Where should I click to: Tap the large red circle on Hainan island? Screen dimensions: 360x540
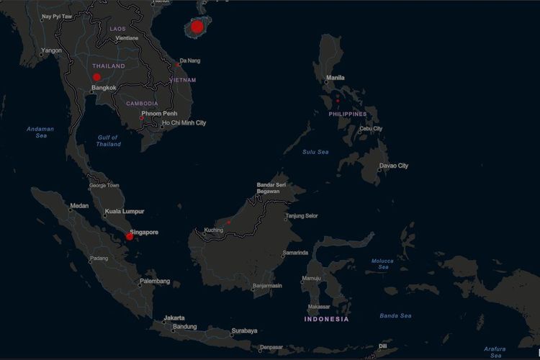coord(197,27)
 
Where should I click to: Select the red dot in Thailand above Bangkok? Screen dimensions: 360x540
coord(96,77)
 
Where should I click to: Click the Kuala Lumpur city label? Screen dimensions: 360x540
coord(124,212)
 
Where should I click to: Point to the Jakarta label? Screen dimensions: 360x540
coord(174,318)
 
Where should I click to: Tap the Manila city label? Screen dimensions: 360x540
coord(336,78)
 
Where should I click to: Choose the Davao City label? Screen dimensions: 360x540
coord(393,166)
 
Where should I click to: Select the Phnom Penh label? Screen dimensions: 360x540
coord(160,114)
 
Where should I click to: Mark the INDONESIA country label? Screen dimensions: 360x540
coord(326,319)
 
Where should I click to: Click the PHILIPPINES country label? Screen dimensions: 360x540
coord(348,114)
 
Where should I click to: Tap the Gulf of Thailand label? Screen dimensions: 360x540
coord(109,140)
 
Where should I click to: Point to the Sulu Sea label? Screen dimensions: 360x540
coord(315,152)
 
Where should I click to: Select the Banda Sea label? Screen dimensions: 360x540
coord(395,315)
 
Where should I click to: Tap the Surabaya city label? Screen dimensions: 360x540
coord(244,331)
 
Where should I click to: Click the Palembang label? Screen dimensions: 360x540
coord(155,281)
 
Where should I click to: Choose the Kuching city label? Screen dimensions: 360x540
coord(214,230)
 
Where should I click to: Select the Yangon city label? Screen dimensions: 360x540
coord(52,50)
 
